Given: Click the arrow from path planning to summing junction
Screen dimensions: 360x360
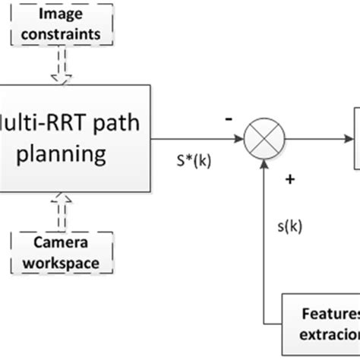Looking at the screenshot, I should (197, 140).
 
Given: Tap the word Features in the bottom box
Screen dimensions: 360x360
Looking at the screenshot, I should (334, 314).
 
